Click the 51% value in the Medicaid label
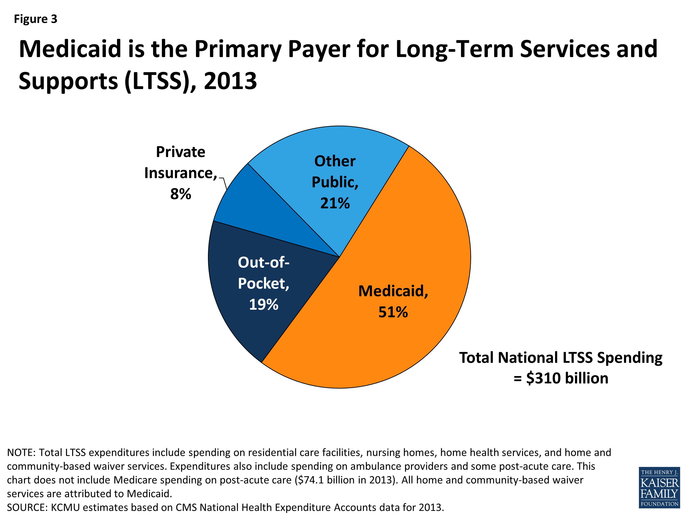click(393, 312)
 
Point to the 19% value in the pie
click(263, 304)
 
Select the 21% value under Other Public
click(335, 203)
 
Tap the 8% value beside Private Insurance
click(180, 194)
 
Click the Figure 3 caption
click(35, 19)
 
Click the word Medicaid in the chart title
click(70, 49)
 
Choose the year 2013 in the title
click(230, 81)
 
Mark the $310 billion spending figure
click(567, 378)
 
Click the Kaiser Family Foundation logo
click(659, 487)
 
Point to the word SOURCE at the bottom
click(27, 507)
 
